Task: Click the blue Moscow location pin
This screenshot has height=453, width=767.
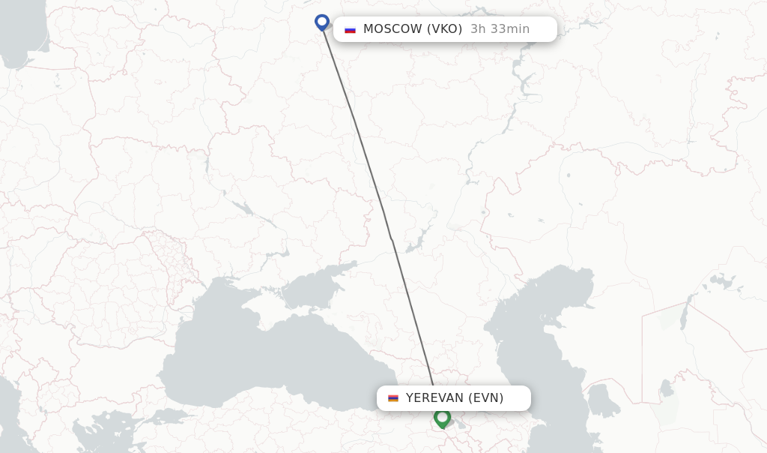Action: click(322, 22)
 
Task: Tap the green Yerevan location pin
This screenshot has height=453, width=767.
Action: click(442, 418)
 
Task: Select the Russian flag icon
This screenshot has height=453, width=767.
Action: click(350, 29)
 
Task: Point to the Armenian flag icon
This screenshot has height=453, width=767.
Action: click(393, 398)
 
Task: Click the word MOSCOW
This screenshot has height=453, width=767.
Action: click(392, 29)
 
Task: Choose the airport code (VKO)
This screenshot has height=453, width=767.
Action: click(444, 29)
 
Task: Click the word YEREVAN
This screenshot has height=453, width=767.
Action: click(434, 398)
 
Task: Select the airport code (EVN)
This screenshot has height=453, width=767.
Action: click(486, 398)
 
